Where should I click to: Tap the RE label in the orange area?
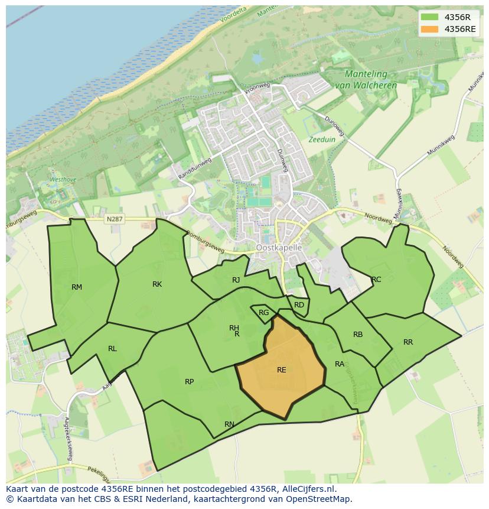(282, 370)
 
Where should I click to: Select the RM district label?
(77, 287)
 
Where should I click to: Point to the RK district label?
(157, 284)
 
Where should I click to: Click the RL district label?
(112, 349)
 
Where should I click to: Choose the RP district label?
(189, 382)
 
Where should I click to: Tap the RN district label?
(229, 424)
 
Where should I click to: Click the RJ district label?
(236, 280)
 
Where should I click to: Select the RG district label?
(263, 313)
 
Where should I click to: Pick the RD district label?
(299, 305)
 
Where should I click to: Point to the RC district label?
(376, 280)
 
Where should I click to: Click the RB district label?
(358, 335)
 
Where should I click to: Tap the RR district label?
(408, 342)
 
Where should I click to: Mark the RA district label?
(340, 364)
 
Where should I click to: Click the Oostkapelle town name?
(279, 248)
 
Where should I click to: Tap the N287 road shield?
(114, 219)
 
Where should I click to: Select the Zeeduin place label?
(321, 140)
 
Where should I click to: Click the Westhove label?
(63, 179)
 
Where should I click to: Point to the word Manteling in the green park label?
(366, 74)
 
